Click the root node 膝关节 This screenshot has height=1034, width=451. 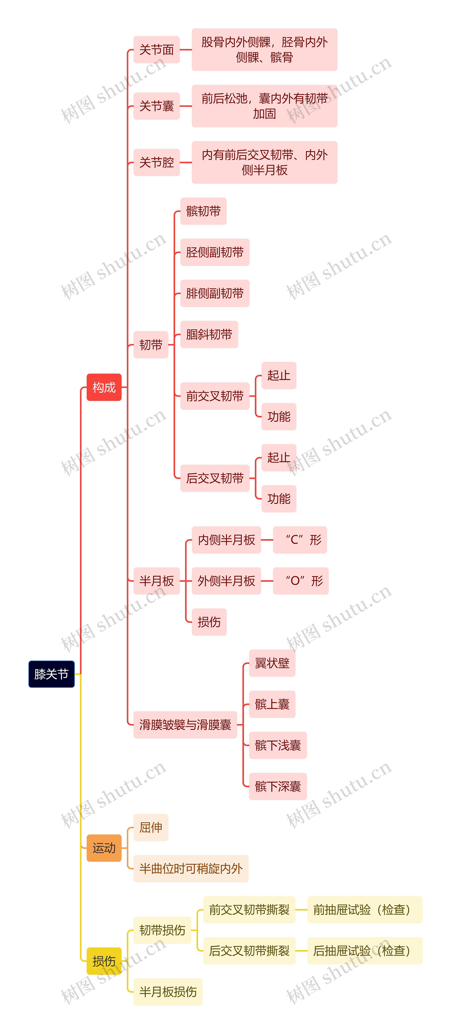click(x=51, y=674)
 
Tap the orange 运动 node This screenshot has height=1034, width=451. click(x=104, y=848)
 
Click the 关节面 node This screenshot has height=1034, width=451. click(x=156, y=50)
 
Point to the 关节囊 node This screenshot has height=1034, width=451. click(x=156, y=106)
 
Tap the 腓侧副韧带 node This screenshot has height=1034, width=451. click(x=215, y=293)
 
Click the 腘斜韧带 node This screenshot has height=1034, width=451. click(x=209, y=334)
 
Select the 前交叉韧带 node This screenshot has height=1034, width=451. click(x=215, y=396)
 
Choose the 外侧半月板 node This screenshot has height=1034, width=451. click(x=226, y=581)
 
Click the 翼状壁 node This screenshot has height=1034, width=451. click(x=272, y=663)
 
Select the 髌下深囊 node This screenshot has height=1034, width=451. click(x=278, y=786)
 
